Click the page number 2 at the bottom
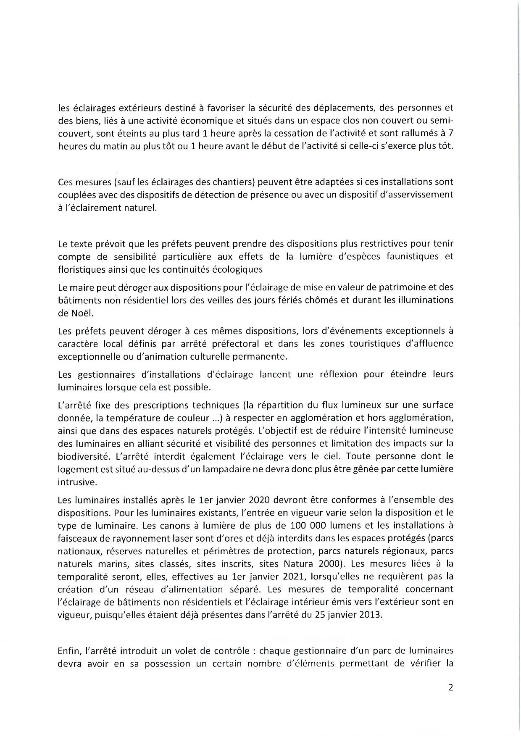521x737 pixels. pos(450,688)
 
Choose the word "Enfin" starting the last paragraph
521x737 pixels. pos(68,651)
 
